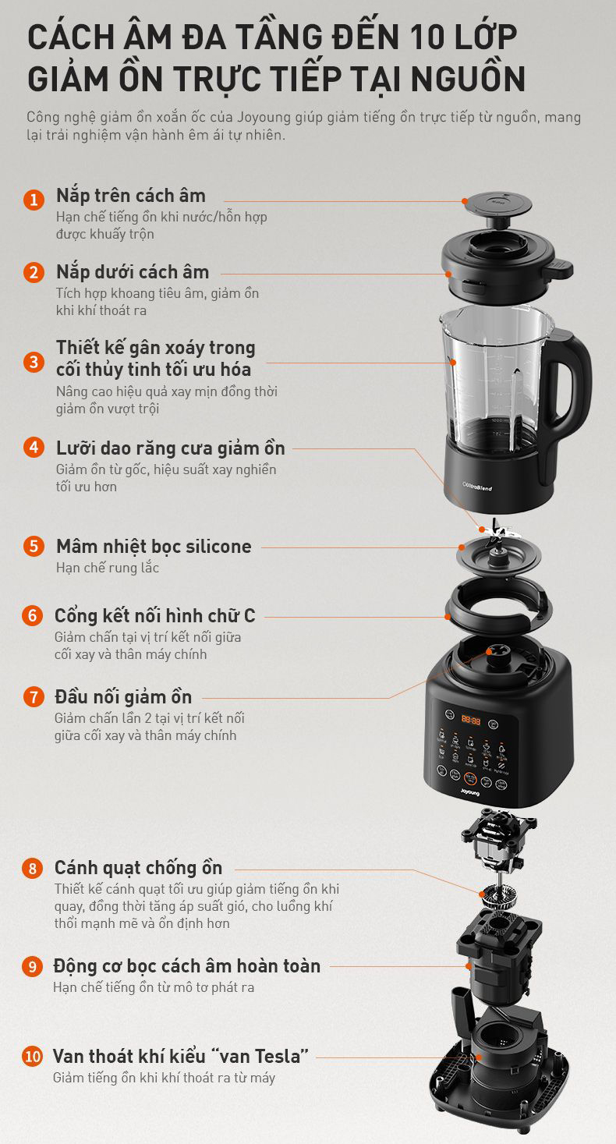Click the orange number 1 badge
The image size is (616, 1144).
coord(34,199)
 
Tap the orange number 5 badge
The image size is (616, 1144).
coord(34,545)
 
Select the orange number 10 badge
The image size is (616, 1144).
coord(32,1056)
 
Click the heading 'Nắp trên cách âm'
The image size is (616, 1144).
coord(131,196)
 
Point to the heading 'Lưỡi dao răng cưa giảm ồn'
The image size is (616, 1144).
coord(171,448)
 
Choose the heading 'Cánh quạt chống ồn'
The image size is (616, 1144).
coord(139,868)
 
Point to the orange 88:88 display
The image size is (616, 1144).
coord(470,720)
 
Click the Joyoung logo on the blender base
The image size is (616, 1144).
coord(470,792)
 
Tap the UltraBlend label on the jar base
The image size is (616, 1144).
coord(477,486)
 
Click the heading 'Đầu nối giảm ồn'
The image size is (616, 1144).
coord(123,696)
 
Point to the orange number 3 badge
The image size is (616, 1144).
coord(34,362)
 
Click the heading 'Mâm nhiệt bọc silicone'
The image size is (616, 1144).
coord(154,546)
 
